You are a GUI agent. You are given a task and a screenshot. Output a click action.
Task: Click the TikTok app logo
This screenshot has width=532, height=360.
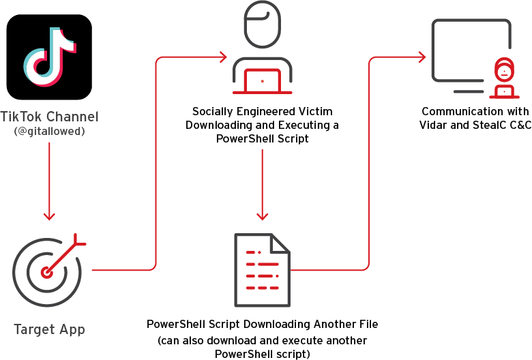pos(49,57)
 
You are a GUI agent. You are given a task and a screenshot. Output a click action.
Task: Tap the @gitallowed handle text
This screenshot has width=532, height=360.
pos(50,132)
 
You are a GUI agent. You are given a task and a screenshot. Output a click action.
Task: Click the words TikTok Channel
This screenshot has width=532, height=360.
pos(50,117)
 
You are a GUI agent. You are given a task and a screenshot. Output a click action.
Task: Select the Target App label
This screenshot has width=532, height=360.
pos(50,329)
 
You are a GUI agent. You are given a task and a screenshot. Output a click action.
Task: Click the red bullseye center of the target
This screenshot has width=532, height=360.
pos(46,272)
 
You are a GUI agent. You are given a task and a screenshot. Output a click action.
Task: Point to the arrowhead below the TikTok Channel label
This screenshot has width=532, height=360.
pos(50,216)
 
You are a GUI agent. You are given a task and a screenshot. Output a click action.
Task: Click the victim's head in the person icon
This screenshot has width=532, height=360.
pos(263,25)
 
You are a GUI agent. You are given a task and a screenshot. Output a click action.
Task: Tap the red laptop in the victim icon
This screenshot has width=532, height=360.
pos(263,81)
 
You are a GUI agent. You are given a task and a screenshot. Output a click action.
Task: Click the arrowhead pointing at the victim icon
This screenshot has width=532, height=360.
pos(223,57)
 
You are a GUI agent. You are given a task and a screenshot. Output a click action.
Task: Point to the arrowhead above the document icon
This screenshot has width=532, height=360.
pos(263,216)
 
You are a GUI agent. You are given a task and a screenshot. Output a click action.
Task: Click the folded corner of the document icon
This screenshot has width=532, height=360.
pos(280,243)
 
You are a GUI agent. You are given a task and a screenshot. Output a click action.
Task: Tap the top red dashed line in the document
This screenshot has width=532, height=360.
pos(254,252)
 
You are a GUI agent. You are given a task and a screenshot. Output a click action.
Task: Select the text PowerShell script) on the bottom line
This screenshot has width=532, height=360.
pos(263,354)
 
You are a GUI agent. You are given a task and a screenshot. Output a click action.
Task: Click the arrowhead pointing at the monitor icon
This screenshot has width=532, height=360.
pos(422,57)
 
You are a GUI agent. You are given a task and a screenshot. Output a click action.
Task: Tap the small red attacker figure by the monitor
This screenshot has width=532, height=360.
pos(504,78)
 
